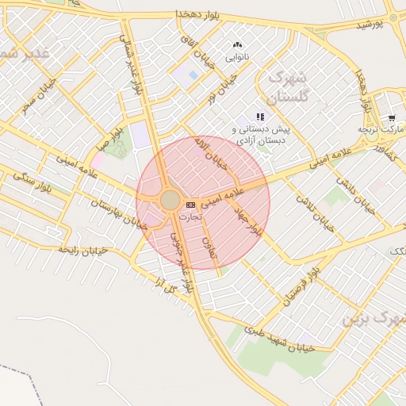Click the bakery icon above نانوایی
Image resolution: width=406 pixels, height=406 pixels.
[237, 45]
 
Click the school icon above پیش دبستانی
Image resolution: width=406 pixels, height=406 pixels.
[260, 117]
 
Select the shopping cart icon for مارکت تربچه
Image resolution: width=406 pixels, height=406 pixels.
[392, 117]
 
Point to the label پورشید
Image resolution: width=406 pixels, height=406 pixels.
[368, 25]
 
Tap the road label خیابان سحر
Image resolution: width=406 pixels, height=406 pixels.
[38, 96]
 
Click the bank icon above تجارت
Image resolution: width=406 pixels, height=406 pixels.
[190, 205]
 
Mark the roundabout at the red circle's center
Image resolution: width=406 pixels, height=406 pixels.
[170, 200]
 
